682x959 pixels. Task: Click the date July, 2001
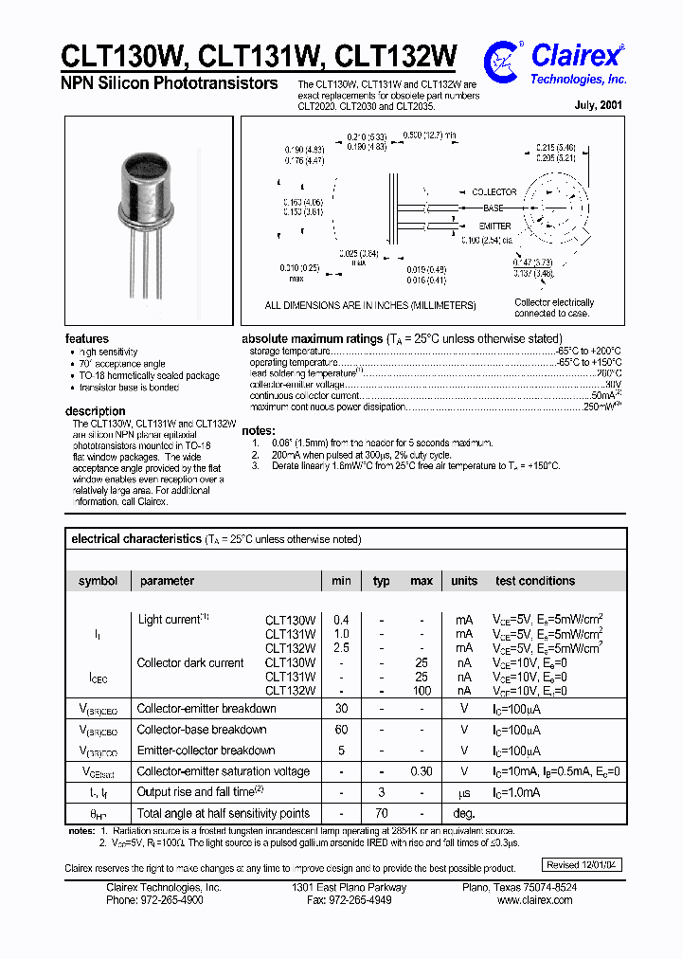(x=598, y=106)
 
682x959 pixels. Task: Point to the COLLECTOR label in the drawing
(x=494, y=192)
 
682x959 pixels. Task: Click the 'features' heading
(x=86, y=338)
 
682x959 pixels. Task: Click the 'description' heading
(x=95, y=411)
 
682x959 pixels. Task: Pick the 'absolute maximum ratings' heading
(x=312, y=338)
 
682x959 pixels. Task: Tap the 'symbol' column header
(x=99, y=581)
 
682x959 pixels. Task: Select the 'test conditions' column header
(x=534, y=581)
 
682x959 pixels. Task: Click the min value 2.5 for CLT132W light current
(x=341, y=648)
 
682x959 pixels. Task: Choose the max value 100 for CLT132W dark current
(x=422, y=691)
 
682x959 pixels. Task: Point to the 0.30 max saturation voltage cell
(x=422, y=771)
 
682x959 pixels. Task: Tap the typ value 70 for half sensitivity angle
(x=381, y=813)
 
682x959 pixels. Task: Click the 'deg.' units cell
(x=463, y=813)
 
